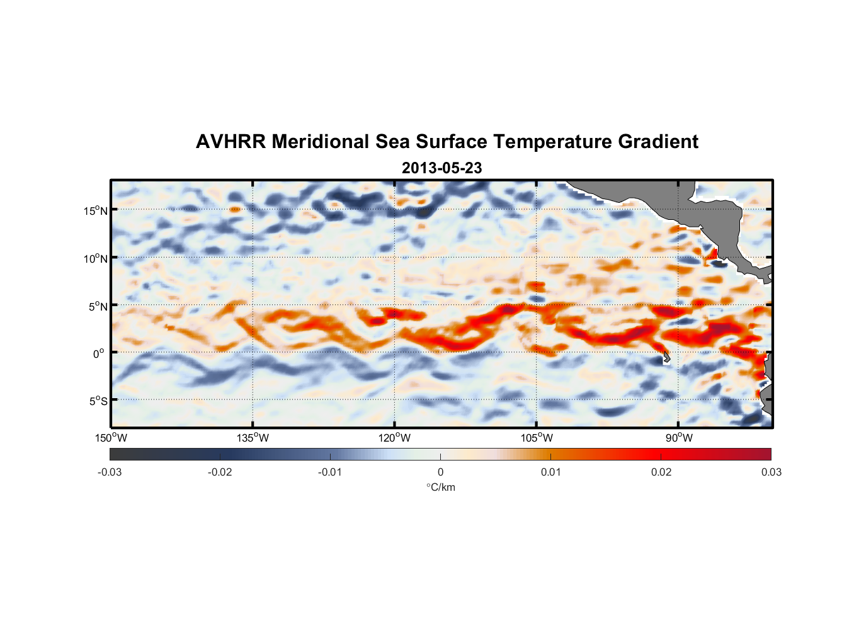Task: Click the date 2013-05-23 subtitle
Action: [441, 168]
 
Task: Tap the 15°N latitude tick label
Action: [96, 210]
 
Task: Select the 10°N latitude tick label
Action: [96, 258]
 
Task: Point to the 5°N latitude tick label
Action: [98, 306]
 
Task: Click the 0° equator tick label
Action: [99, 354]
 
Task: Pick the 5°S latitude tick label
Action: [98, 401]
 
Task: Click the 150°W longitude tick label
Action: [111, 438]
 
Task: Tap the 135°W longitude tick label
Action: [253, 438]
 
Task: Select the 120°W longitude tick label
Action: [394, 438]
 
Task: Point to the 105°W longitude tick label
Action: [537, 438]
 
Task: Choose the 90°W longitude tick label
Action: [679, 438]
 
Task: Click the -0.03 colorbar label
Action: [110, 472]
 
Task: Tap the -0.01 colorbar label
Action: [330, 472]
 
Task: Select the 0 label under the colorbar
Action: [440, 472]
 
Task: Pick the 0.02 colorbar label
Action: [661, 472]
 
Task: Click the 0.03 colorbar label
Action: [771, 472]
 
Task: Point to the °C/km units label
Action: [440, 487]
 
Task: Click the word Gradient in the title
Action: [658, 142]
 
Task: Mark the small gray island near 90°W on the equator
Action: [666, 358]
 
